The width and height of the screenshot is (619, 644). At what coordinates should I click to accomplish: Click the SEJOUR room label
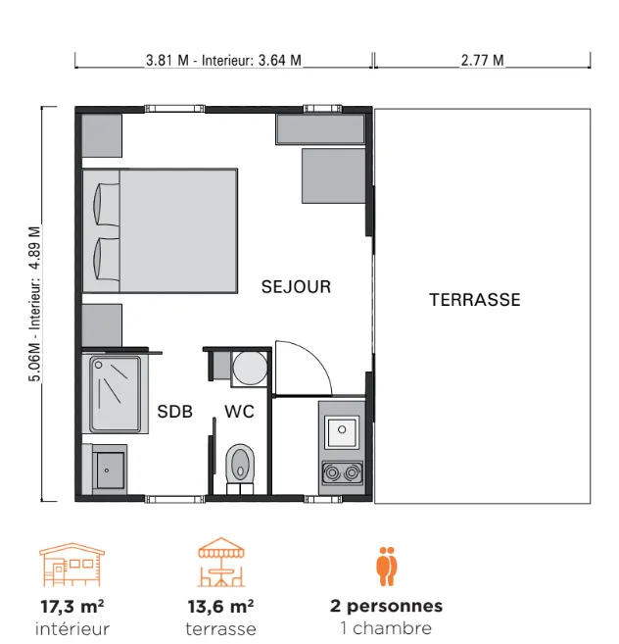coord(296,286)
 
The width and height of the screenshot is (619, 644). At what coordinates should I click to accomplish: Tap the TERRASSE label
coord(475,300)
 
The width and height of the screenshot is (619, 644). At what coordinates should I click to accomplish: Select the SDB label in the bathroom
coord(175,412)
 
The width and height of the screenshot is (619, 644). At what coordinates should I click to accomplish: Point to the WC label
coord(239,412)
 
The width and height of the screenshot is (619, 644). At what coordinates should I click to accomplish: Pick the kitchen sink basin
coord(342,431)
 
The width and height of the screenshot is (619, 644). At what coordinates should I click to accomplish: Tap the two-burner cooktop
coord(342,472)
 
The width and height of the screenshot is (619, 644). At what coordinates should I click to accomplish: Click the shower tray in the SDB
coord(115,394)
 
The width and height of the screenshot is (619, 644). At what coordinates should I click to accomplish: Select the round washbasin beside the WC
coord(250,368)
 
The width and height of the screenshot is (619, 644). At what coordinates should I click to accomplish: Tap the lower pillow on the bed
coord(107,260)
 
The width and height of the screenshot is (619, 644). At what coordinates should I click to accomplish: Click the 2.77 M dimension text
coord(482,61)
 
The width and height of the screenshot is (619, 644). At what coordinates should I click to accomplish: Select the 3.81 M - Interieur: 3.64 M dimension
coord(223,61)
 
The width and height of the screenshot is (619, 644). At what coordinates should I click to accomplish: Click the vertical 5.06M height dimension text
coord(35,304)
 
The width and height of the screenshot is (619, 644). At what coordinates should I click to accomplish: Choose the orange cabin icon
coord(72,565)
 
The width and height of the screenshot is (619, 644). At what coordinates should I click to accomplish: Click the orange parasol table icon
coord(221,562)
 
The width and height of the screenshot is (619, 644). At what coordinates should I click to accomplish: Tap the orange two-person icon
coord(387,566)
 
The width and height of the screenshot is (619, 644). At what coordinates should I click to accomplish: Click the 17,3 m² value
coord(72,606)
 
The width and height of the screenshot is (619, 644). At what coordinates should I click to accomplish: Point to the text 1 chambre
coord(386,628)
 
